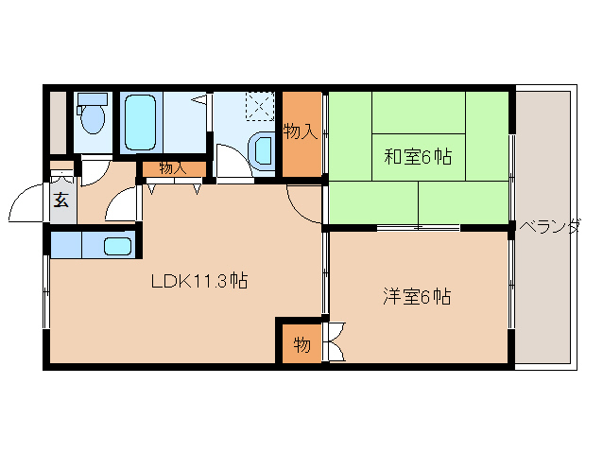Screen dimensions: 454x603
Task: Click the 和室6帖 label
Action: (x=417, y=158)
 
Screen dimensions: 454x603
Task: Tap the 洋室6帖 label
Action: (x=416, y=296)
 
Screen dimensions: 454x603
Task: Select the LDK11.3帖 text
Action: (x=199, y=281)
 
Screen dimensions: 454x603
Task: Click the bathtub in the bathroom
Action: (x=139, y=123)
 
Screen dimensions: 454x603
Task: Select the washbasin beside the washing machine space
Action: (x=263, y=149)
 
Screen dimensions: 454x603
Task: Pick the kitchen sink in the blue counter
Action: (x=116, y=246)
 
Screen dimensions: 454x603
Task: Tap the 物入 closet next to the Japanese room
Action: (x=301, y=131)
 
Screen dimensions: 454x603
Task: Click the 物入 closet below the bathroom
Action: (x=173, y=168)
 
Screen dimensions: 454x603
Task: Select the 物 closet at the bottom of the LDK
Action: (x=300, y=343)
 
